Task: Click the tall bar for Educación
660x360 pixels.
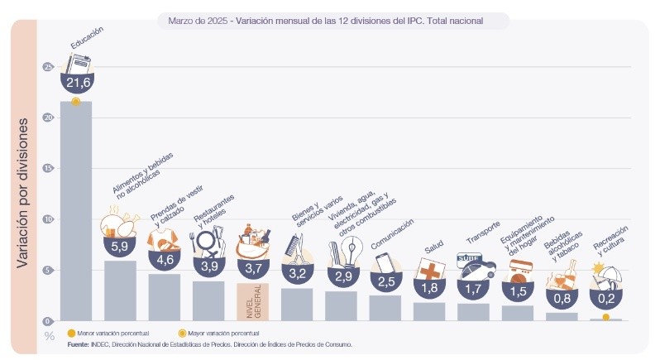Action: click(75, 211)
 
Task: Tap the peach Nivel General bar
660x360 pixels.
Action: click(253, 301)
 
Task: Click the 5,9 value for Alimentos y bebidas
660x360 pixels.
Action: click(119, 246)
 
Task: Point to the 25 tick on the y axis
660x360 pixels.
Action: click(47, 67)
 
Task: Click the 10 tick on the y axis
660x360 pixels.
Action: click(47, 219)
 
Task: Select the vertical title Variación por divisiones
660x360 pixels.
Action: click(24, 192)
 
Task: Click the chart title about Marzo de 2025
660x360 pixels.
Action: click(325, 18)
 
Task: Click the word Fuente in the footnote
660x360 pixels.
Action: click(78, 343)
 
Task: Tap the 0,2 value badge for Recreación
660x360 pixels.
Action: click(607, 295)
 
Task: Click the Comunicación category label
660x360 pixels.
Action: click(392, 233)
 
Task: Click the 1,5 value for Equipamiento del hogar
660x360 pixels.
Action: click(519, 291)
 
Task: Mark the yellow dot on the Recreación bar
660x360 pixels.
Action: click(606, 317)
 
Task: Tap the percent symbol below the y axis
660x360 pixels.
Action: click(49, 335)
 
